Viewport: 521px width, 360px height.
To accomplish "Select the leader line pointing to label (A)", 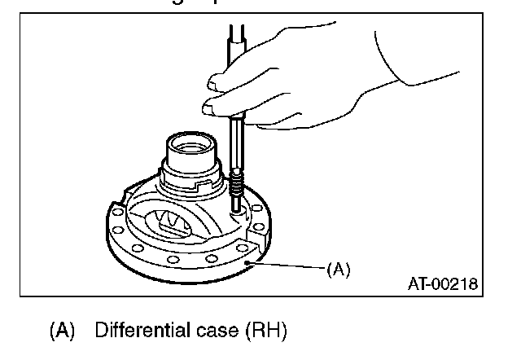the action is tap(289, 266).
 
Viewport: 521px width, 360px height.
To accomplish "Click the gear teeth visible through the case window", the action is tap(173, 222).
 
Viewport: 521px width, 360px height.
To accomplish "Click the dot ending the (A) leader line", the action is tap(252, 262).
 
